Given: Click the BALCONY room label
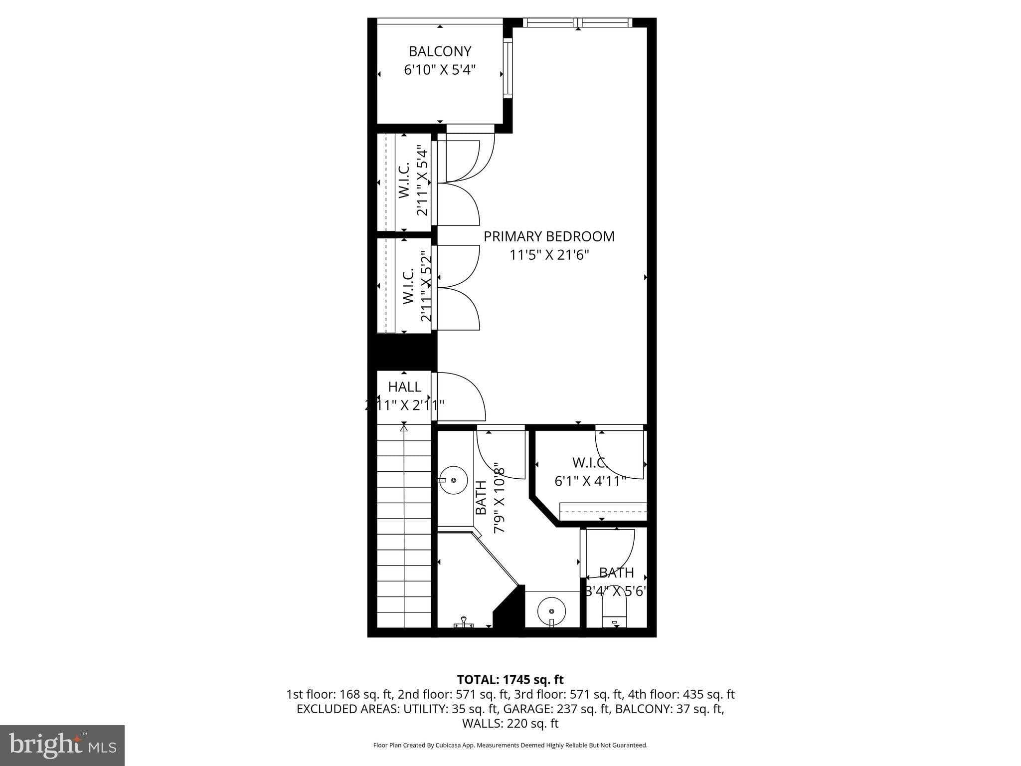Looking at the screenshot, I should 440,51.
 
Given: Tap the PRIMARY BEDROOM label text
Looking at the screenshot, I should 549,236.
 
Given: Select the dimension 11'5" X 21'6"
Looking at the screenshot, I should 549,255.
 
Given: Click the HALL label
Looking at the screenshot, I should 404,386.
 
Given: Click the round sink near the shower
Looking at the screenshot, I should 453,480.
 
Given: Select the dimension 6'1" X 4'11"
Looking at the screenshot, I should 590,481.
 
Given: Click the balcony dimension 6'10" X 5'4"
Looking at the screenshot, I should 440,70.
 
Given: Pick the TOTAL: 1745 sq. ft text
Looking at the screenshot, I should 510,679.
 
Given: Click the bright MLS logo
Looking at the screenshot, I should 62,745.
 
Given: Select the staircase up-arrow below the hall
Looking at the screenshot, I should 404,427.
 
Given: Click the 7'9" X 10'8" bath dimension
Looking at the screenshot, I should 500,499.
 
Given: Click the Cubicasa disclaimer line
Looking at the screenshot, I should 510,746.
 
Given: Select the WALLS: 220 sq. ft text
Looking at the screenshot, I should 510,723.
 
